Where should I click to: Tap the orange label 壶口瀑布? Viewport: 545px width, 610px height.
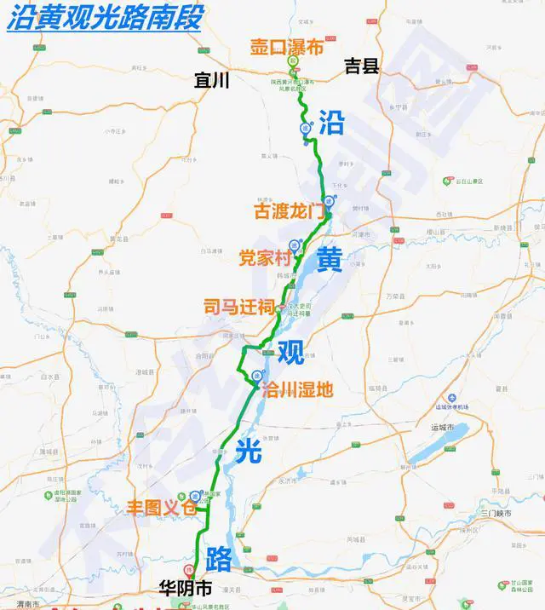[287, 47]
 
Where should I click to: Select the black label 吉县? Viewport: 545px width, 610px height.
[361, 66]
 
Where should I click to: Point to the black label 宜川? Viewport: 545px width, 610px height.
[213, 80]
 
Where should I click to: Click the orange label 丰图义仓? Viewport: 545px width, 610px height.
[161, 506]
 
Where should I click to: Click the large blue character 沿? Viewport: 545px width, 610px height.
[331, 123]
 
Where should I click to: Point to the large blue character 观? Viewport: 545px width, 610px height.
[290, 349]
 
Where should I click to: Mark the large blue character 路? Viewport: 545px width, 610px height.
[218, 558]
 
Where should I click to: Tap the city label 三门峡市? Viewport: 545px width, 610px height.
[496, 515]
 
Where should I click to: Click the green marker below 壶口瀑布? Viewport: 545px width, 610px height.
[292, 62]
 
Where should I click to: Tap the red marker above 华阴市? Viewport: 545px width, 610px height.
[188, 567]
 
